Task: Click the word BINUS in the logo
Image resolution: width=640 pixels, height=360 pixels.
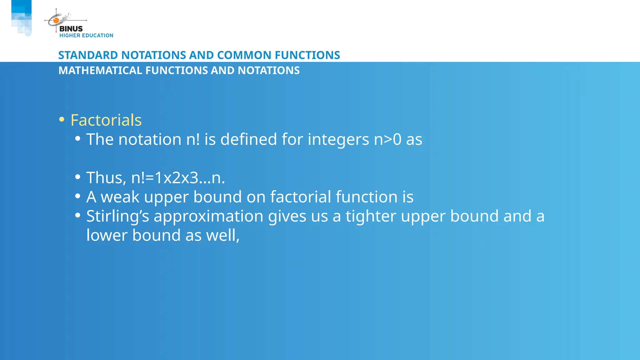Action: (71, 29)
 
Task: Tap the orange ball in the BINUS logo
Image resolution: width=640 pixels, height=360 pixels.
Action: (56, 21)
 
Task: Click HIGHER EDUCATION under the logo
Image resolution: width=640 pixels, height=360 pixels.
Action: (86, 36)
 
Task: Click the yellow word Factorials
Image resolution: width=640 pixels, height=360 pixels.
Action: (106, 120)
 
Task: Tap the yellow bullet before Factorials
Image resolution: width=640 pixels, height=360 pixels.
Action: (62, 119)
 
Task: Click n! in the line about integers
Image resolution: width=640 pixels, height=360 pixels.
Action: (193, 139)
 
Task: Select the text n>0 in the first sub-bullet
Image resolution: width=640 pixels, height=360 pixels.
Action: (387, 139)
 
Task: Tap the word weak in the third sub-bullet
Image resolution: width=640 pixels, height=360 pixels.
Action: (120, 197)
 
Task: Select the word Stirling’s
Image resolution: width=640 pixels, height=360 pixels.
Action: (117, 217)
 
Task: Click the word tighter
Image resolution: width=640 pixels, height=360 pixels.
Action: (371, 217)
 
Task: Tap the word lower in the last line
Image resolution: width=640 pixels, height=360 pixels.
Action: (107, 235)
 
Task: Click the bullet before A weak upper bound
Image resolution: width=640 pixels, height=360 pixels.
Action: (78, 196)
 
